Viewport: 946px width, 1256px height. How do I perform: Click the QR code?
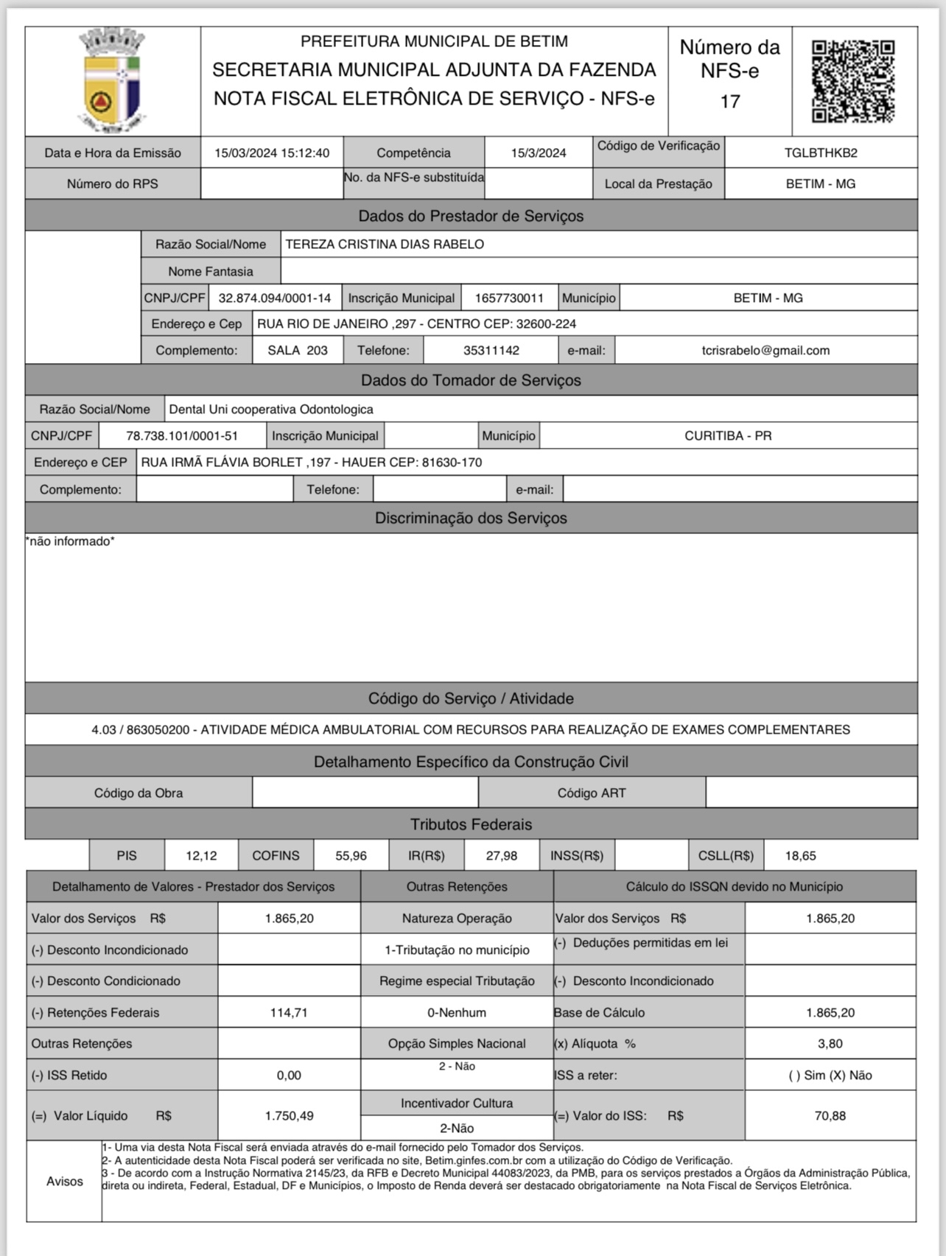pos(853,81)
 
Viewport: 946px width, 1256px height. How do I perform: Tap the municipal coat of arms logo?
pos(112,80)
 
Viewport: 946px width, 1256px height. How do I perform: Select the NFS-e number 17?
pos(729,102)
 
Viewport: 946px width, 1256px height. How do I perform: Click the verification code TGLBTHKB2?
pos(821,153)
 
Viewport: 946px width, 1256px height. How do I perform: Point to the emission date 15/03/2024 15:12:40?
pos(272,153)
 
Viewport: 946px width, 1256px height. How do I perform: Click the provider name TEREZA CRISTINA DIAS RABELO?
pos(385,245)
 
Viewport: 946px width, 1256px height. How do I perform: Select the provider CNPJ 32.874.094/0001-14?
pos(275,298)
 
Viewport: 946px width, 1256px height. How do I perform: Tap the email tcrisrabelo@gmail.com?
pos(765,351)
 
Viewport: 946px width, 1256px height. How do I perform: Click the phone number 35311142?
pos(491,351)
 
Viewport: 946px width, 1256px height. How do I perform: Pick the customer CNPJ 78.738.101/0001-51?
pos(182,436)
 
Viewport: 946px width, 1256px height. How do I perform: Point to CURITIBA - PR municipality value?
pos(728,436)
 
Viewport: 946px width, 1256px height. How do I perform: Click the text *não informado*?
pos(70,541)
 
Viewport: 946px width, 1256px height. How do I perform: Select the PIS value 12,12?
pos(201,856)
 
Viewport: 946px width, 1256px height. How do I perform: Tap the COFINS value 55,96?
pos(351,856)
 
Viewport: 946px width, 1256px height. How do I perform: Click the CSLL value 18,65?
pos(800,856)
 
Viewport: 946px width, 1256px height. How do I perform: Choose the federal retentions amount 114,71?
pos(289,1013)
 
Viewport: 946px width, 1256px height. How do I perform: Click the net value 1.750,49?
pos(289,1116)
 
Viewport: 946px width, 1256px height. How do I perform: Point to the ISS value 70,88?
pos(830,1116)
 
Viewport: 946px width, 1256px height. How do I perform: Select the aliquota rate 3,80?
pos(830,1044)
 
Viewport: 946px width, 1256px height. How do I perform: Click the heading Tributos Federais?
pos(471,824)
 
